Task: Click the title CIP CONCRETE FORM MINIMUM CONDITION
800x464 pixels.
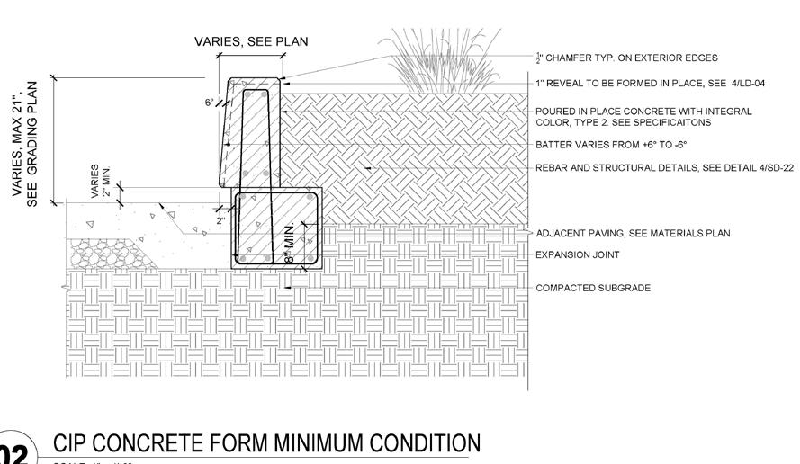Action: coord(266,443)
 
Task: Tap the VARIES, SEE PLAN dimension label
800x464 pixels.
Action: coord(238,41)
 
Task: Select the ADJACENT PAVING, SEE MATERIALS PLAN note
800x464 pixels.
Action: coord(632,234)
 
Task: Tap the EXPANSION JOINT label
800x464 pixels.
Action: coord(577,255)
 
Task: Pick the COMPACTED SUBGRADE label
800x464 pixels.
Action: coord(593,289)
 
